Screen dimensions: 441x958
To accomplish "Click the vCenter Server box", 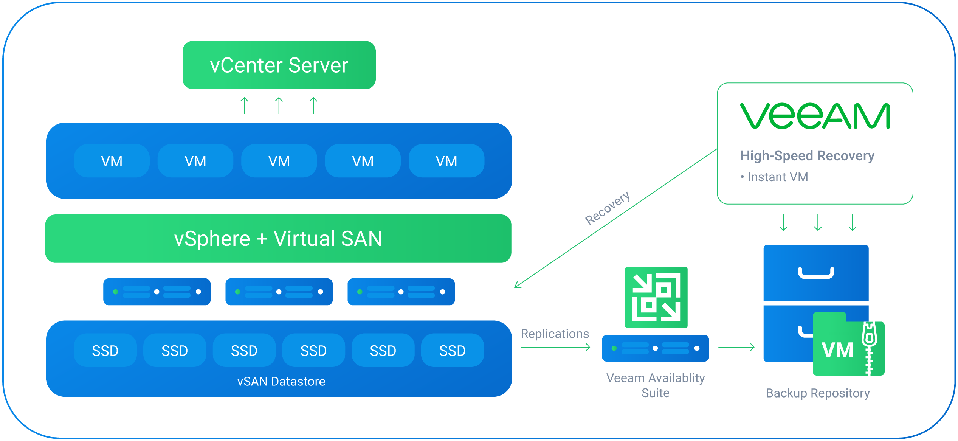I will point(279,65).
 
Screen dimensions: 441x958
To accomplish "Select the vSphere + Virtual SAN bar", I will point(278,239).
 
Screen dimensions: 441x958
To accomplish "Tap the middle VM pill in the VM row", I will point(279,161).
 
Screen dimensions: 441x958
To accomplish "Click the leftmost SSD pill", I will point(105,351).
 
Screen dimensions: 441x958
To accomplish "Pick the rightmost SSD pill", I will point(452,351).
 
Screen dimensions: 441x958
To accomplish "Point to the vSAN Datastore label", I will point(281,381).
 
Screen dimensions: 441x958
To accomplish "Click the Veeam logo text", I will point(815,116).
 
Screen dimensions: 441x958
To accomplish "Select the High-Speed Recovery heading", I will point(807,155).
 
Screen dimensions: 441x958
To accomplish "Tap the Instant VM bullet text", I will point(777,177).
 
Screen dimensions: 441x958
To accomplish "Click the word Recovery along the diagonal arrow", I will point(607,208).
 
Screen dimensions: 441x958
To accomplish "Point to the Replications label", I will point(555,334).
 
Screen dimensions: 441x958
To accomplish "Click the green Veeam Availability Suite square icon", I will point(656,297).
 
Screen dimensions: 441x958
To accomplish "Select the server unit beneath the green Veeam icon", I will point(655,348).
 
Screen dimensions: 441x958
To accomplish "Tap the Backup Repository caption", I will point(817,393).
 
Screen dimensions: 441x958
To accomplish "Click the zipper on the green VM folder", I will point(869,348).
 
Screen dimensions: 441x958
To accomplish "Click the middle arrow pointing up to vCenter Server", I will point(279,106).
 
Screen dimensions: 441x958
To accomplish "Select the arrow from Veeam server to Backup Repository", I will point(736,347).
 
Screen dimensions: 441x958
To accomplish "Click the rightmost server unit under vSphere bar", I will point(401,292).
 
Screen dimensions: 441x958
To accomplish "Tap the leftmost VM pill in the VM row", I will point(112,161).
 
